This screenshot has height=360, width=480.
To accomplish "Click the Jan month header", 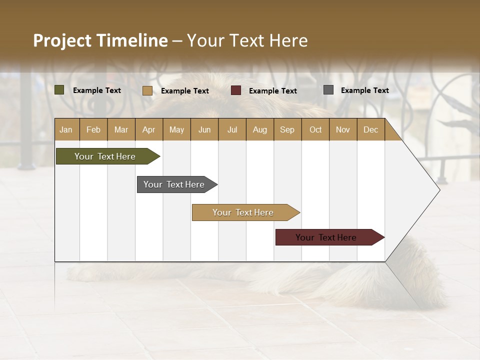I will click(66, 129).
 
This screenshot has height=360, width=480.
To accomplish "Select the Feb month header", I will click(93, 129).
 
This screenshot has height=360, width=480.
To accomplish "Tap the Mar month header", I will click(121, 129).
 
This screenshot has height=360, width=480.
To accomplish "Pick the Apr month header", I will click(149, 129).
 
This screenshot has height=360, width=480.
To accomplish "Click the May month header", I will click(176, 129).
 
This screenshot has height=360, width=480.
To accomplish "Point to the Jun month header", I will click(204, 129).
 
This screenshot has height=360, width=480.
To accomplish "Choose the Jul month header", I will click(232, 129).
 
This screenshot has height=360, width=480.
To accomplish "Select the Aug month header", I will click(260, 129).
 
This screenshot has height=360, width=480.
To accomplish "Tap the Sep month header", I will click(287, 129).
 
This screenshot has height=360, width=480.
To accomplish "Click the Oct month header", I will click(315, 129).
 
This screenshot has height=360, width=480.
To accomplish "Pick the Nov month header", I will click(343, 129).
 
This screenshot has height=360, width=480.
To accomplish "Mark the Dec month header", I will click(371, 129).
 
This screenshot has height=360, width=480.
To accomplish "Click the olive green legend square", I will click(59, 90).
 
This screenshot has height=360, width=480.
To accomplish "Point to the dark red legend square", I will click(236, 90).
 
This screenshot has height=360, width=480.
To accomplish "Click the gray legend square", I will click(328, 90).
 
